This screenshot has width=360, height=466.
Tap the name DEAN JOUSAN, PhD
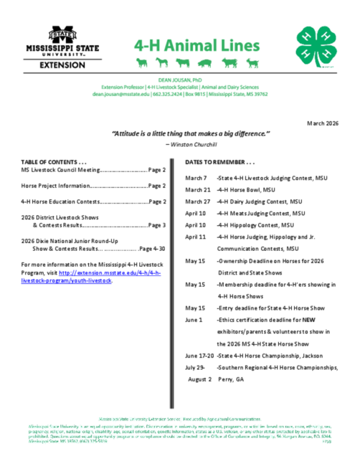(x=180, y=80)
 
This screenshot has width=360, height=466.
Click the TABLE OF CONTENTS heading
(x=55, y=162)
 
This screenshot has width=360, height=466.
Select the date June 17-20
(x=199, y=356)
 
